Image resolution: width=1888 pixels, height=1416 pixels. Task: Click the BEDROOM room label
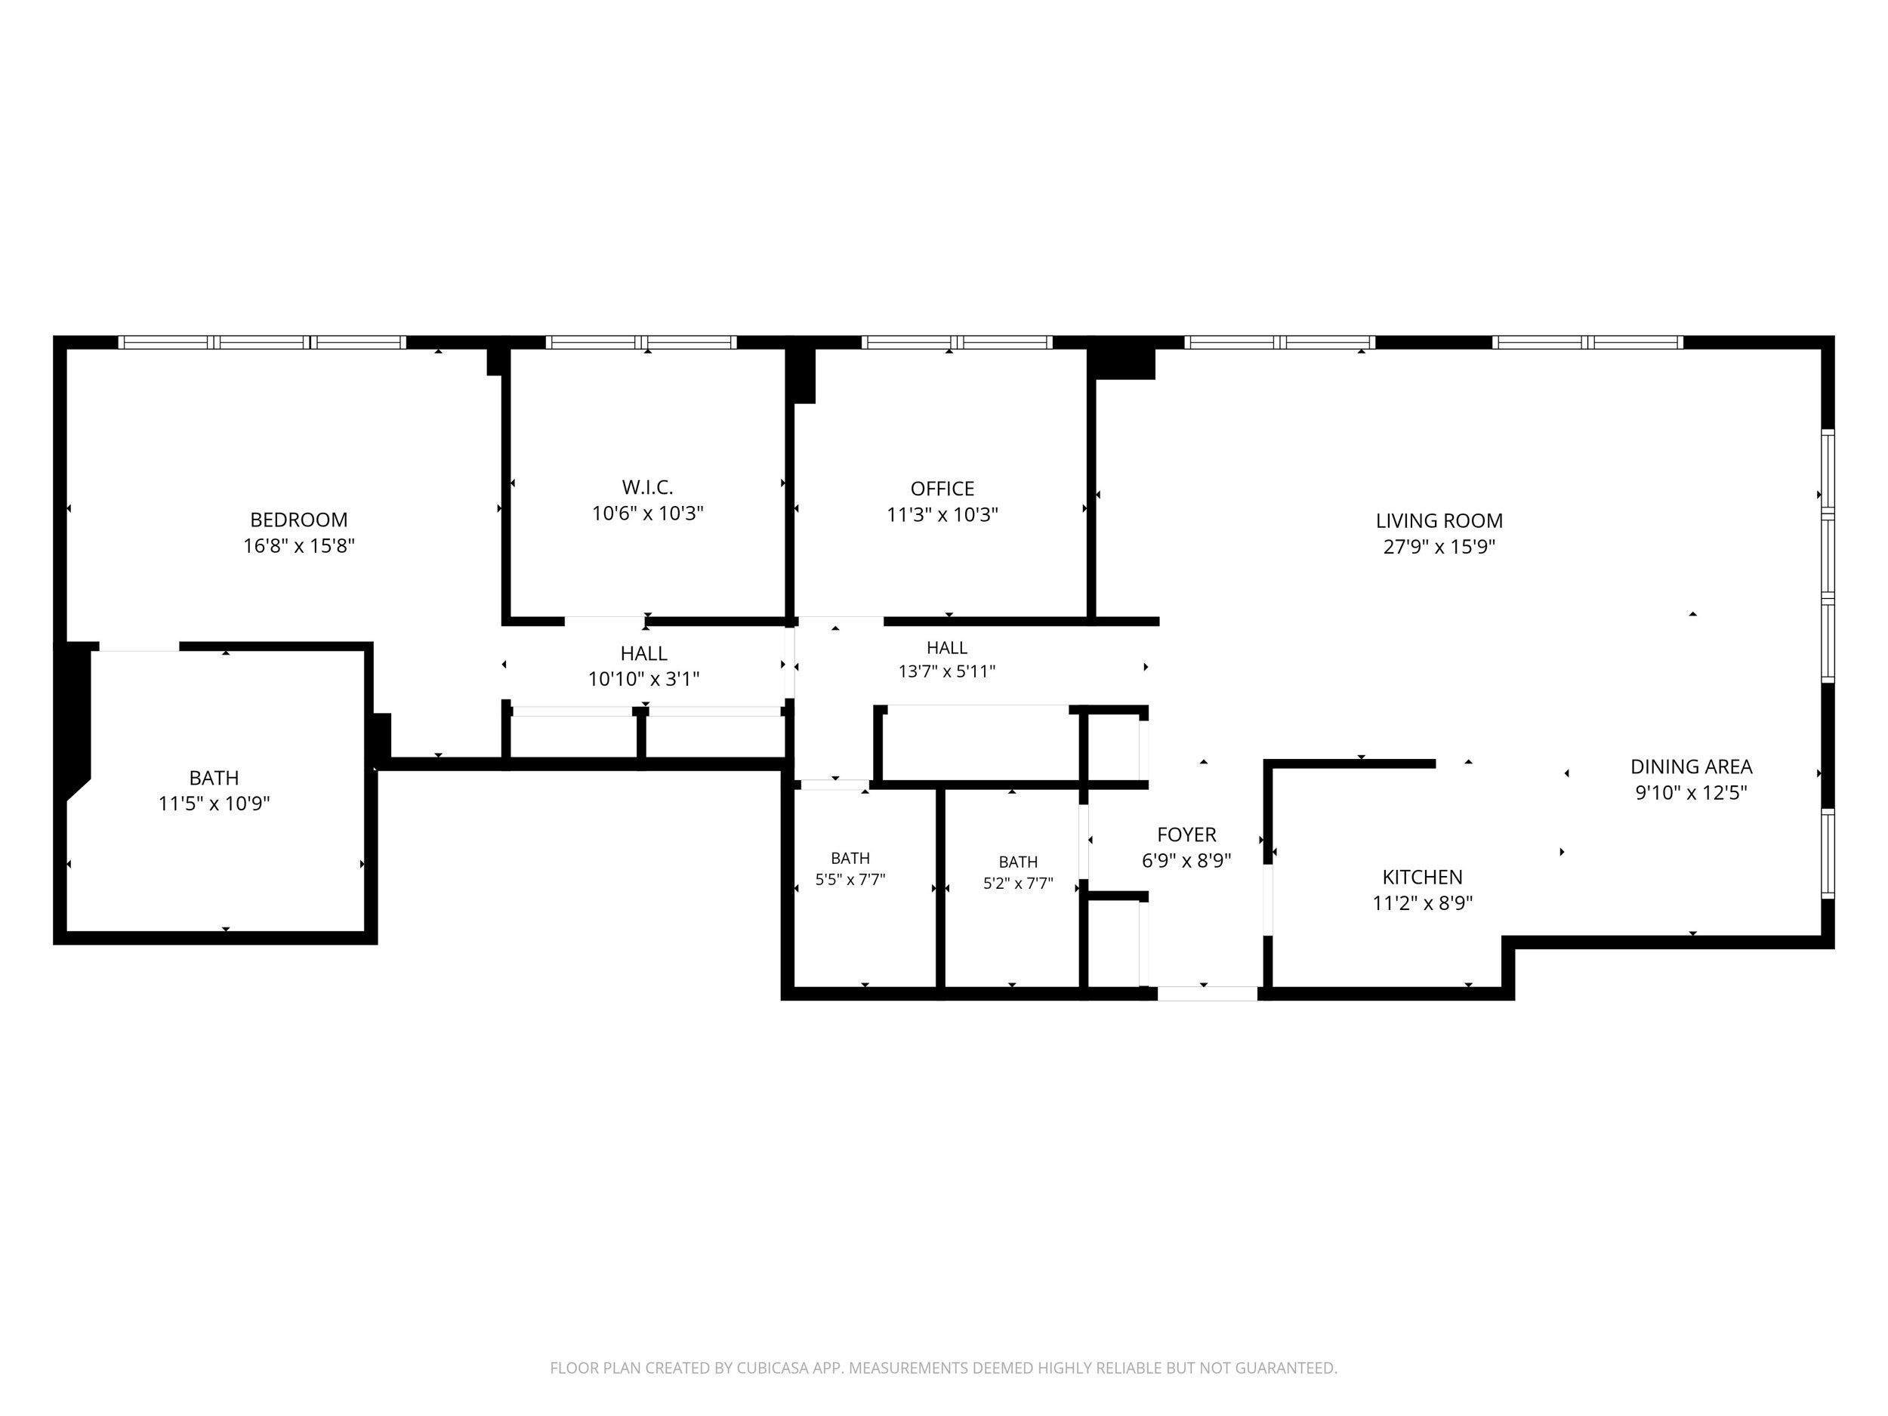299,520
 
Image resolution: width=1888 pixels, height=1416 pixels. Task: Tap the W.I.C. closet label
647,487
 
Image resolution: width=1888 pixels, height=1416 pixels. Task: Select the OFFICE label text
942,489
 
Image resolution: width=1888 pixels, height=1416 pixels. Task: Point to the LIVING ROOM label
1439,520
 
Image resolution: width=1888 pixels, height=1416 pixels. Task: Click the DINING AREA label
1691,767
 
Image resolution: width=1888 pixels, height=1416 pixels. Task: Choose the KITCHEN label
1422,877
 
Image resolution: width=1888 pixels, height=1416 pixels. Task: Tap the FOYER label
1186,834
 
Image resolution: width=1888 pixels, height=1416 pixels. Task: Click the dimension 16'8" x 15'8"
299,545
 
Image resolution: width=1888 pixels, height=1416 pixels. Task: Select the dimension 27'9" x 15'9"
1439,546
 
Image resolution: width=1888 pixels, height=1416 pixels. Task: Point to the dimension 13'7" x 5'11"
946,671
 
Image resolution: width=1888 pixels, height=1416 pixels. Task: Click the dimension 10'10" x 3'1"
643,680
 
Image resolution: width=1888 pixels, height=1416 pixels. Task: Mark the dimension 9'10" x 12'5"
1691,792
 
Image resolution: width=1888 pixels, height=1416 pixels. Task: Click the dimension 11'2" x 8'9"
1422,903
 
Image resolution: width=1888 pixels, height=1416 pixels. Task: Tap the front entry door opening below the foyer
1207,994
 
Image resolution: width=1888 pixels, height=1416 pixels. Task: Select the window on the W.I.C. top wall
641,342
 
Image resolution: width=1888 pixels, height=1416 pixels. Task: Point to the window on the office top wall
957,342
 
